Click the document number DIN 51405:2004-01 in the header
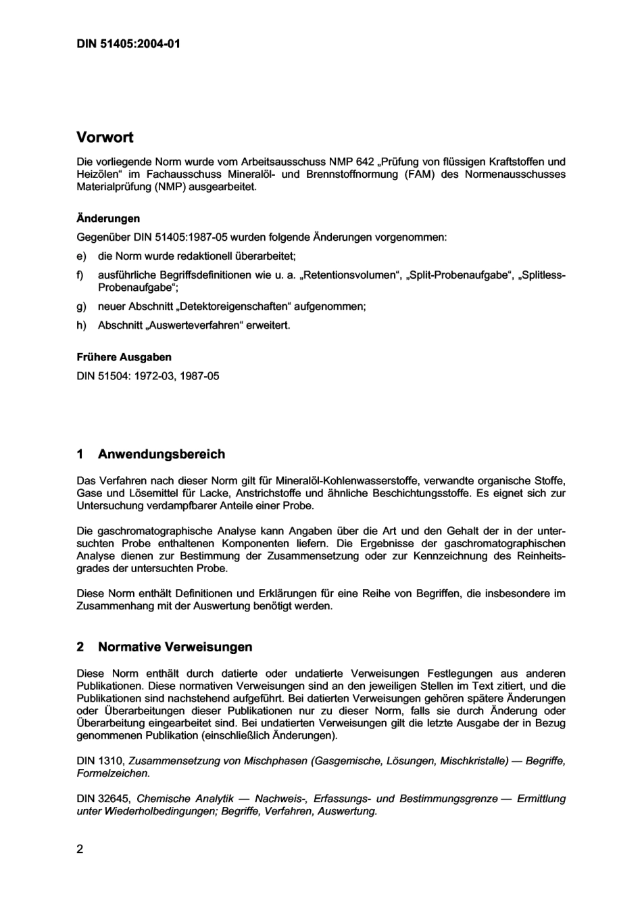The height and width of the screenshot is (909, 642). (128, 45)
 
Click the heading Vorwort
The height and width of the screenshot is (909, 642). (105, 137)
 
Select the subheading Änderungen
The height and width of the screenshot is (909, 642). (108, 218)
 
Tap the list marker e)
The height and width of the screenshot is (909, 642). (81, 256)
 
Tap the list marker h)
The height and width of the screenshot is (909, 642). (81, 325)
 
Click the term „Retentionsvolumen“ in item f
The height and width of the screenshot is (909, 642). (350, 275)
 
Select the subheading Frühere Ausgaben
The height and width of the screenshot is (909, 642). (124, 357)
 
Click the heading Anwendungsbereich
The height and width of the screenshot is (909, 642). (162, 454)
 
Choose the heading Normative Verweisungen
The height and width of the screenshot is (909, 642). (175, 647)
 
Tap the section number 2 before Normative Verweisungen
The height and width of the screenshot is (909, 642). (80, 647)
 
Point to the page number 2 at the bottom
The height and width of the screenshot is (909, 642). (80, 849)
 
